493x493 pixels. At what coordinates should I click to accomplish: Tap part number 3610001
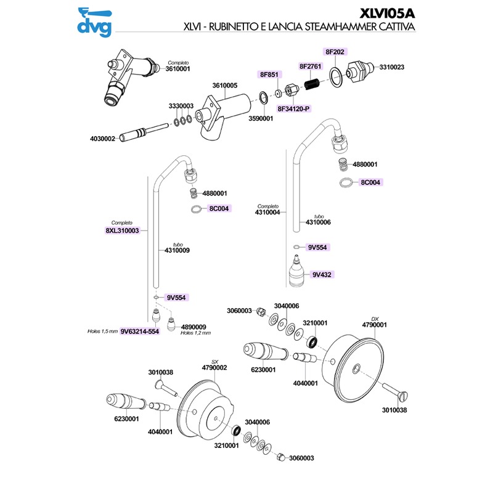pos(178,69)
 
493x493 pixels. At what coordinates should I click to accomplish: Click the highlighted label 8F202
pos(335,52)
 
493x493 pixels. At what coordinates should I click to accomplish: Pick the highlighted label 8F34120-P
pos(294,108)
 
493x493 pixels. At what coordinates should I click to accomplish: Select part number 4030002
pos(103,139)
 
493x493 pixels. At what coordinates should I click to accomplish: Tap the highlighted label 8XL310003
pos(123,230)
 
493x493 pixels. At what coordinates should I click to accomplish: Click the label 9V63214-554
pos(141,331)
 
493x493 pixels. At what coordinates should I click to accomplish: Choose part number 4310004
pos(267,213)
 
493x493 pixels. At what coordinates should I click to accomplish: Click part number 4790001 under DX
pos(374,324)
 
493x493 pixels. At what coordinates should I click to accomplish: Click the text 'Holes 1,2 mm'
pos(195,333)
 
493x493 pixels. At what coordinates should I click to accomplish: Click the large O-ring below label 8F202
pos(335,77)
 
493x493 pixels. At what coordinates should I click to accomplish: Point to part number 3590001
pos(261,118)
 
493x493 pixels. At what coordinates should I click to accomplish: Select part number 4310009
pos(177,250)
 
